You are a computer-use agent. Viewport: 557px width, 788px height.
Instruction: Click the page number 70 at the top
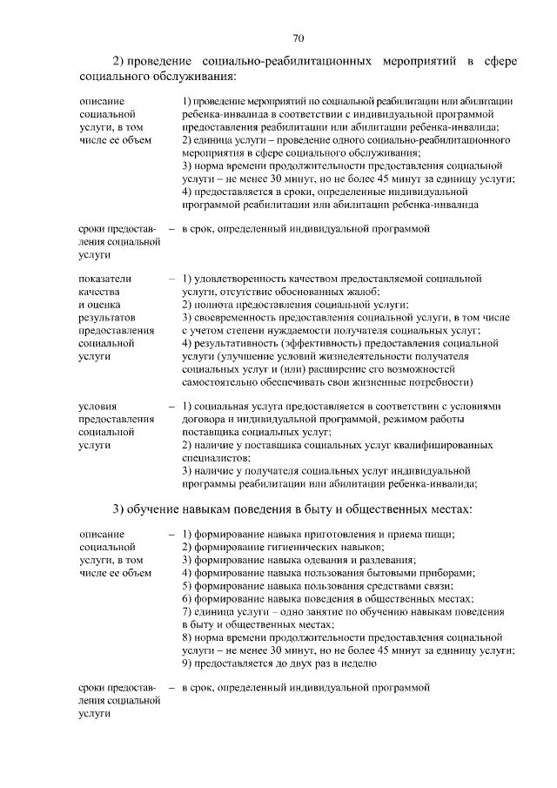pos(298,38)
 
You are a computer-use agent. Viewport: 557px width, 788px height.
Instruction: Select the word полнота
pos(218,305)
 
